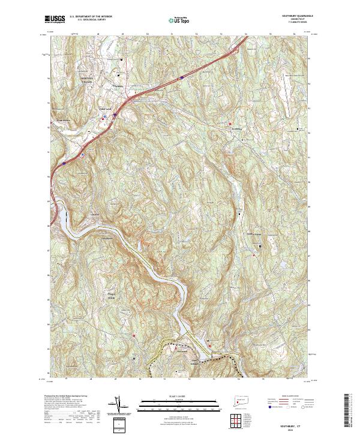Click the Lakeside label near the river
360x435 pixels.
[94, 214]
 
